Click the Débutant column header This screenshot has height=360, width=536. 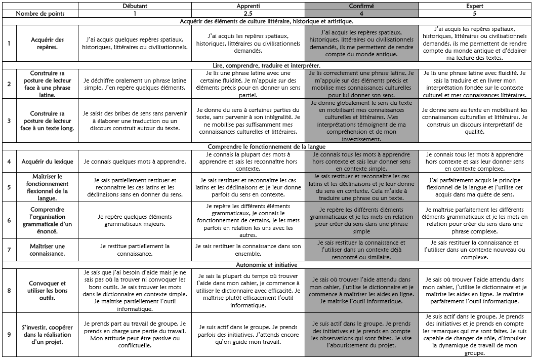(135, 6)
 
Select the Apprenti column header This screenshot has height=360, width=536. (248, 6)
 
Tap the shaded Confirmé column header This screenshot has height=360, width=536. (361, 6)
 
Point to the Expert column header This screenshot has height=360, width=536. (475, 6)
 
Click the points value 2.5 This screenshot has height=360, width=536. (248, 14)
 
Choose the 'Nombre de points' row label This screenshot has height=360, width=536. (39, 14)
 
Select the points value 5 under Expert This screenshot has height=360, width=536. (475, 14)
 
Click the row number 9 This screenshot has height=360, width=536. (9, 335)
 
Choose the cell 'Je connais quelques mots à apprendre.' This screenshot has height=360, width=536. (135, 162)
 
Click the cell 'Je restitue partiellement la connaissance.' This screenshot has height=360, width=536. (135, 250)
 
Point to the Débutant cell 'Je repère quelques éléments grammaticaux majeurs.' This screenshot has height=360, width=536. (135, 220)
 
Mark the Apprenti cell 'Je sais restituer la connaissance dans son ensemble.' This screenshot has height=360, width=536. (248, 250)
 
